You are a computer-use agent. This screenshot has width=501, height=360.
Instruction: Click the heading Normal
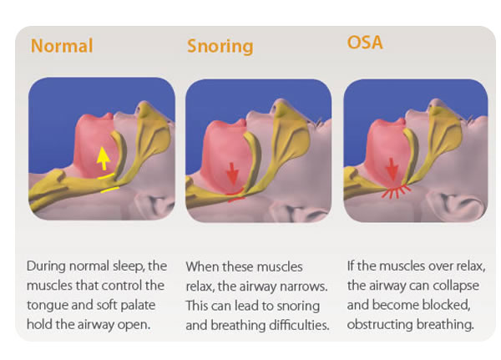[62, 45]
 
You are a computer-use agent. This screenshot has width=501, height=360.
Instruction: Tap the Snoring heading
[220, 46]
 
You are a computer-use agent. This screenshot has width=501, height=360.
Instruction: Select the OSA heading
[365, 43]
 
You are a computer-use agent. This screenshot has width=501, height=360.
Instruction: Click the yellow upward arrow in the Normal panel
[104, 158]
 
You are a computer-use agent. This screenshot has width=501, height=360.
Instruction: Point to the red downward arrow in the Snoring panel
[232, 174]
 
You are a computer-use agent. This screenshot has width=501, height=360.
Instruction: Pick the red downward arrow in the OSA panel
[392, 170]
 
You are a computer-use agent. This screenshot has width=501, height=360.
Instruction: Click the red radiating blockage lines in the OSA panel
[396, 191]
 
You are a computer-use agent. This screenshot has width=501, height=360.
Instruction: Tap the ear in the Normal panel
[153, 204]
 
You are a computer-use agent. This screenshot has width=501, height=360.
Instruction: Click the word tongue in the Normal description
[47, 306]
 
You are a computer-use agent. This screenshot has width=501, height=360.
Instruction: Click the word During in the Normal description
[46, 266]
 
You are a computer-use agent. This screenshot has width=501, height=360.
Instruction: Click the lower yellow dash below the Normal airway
[110, 190]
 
